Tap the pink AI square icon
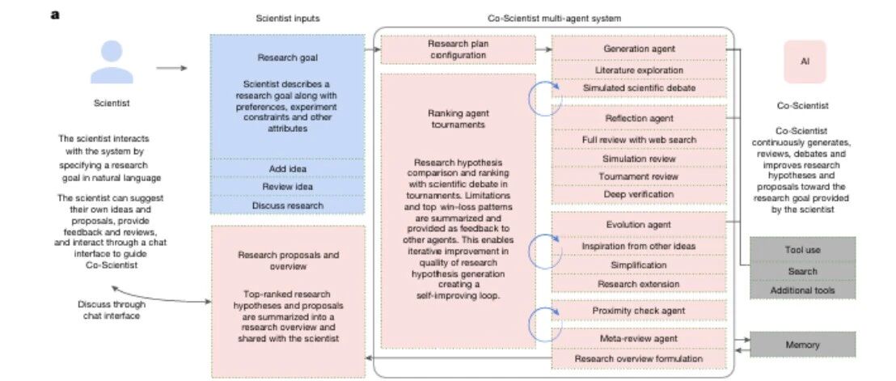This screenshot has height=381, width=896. tap(805, 61)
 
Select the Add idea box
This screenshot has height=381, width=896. tap(287, 168)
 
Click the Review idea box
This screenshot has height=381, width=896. tap(287, 187)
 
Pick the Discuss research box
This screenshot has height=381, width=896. tap(287, 205)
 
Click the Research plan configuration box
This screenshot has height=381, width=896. tap(459, 49)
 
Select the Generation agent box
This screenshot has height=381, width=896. tap(639, 49)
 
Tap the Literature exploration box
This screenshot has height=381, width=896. tap(639, 70)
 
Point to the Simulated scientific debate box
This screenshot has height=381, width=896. tap(639, 88)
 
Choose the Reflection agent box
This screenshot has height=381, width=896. tap(639, 118)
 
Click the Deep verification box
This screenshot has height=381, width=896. tap(639, 194)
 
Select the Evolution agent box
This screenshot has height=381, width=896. tap(639, 225)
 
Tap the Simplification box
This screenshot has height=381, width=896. tap(639, 265)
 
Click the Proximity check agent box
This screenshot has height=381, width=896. tap(639, 311)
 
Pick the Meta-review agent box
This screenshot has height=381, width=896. tap(639, 339)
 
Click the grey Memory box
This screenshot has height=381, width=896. tap(802, 345)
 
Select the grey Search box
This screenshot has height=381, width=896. tap(802, 271)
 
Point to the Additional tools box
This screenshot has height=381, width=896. tap(802, 290)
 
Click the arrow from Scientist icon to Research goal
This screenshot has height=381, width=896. tap(171, 69)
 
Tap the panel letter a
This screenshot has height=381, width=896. tap(55, 15)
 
